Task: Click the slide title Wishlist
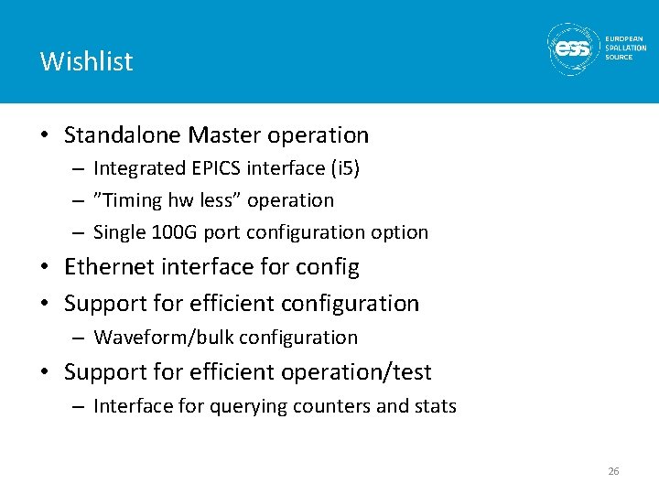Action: coord(87,61)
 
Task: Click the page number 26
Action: coord(613,471)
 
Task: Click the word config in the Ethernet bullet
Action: coord(327,268)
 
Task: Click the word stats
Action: coord(434,406)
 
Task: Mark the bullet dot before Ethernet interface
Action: coord(46,268)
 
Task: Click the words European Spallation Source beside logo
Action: coord(625,48)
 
